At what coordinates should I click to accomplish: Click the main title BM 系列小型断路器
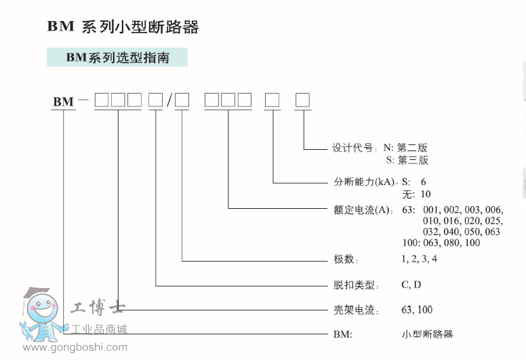pos(123,27)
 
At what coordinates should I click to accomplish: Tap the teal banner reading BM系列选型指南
pos(117,58)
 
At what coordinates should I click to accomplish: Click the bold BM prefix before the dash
pos(64,101)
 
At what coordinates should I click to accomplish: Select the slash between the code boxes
pos(169,100)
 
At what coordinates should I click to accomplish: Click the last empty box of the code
pos(302,100)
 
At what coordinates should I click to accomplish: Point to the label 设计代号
pos(352,148)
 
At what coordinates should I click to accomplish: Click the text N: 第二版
pos(405,148)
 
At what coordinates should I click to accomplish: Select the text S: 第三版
pos(407,160)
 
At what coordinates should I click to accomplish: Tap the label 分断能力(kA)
pos(364,182)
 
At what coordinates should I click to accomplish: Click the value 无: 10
pos(417,194)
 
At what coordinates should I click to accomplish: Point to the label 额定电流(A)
pos(362,210)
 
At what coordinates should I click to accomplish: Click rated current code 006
pos(493,210)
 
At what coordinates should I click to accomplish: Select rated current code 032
pos(431,232)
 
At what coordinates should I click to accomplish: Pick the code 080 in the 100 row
pos(451,243)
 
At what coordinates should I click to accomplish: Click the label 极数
pos(344,259)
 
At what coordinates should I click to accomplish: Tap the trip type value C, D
pos(411,285)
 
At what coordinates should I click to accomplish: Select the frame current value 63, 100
pos(417,310)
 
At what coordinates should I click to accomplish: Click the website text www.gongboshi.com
pos(75,347)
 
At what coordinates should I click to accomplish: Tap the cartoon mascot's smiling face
pos(42,309)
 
